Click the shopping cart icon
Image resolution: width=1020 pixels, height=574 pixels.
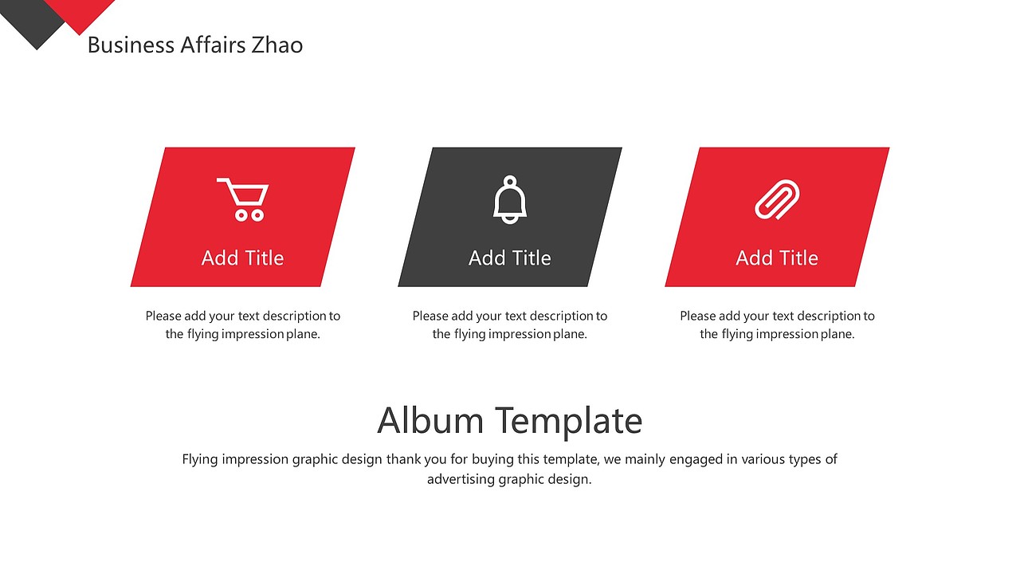tap(243, 199)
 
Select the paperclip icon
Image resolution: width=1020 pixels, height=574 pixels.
tap(777, 199)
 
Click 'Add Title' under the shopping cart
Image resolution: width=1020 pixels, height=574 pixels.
tap(242, 258)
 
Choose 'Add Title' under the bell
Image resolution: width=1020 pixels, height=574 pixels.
tap(510, 258)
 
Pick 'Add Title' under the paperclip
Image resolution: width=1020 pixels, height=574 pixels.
tap(777, 258)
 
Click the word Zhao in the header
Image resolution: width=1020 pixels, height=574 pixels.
tap(277, 45)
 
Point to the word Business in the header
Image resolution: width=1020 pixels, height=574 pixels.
tap(130, 45)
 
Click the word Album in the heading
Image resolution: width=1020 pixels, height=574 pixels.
tap(430, 420)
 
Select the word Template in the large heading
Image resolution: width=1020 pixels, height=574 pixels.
tap(568, 420)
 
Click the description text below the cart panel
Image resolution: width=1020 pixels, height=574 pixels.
tap(242, 324)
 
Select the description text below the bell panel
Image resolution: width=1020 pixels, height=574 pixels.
tap(510, 324)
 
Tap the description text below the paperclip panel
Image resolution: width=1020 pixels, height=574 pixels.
tap(777, 324)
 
